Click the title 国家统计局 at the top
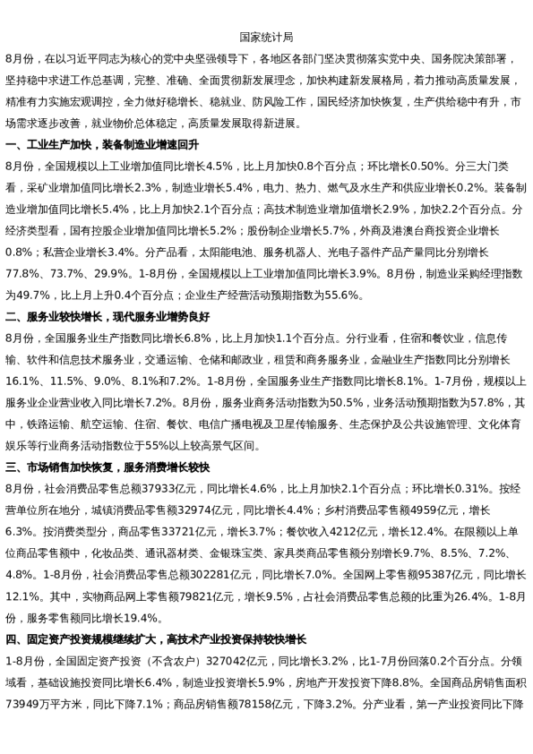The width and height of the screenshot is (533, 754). [x=266, y=38]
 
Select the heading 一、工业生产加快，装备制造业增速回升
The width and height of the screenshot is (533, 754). [x=102, y=145]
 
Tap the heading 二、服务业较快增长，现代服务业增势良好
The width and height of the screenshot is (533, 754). [x=107, y=317]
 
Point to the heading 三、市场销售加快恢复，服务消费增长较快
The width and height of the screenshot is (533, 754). [x=107, y=467]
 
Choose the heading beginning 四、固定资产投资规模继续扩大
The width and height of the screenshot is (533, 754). [x=156, y=639]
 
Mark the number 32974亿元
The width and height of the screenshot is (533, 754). [x=199, y=510]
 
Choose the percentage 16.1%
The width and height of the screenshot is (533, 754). [x=24, y=381]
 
